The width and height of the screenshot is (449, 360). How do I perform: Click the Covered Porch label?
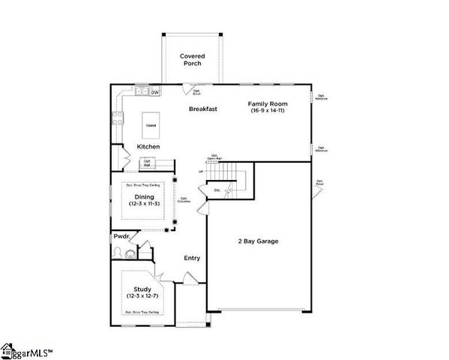192,59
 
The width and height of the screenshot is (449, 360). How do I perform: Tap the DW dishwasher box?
155,92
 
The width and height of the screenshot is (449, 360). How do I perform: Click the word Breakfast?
202,109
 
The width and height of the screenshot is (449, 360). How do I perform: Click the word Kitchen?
147,146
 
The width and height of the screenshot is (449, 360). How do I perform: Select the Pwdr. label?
121,236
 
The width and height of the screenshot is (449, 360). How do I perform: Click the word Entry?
193,258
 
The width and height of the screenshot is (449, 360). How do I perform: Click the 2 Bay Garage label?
258,241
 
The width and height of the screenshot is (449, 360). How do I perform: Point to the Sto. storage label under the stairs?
217,190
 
